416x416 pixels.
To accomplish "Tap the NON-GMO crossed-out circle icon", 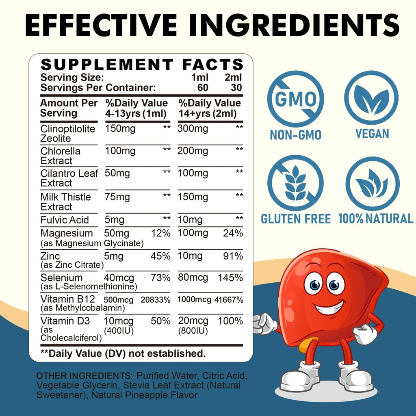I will click(x=295, y=99).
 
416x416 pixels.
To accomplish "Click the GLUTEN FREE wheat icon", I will click(x=295, y=183).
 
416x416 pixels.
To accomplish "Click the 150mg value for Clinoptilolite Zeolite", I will click(x=120, y=129).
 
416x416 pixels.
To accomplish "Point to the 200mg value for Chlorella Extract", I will click(x=193, y=152).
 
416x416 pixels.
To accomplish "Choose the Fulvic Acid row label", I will click(x=65, y=220).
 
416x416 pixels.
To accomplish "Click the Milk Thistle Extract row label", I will click(x=65, y=202).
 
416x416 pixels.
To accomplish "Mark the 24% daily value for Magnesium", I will click(x=233, y=233).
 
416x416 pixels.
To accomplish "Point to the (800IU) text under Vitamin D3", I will click(x=193, y=331).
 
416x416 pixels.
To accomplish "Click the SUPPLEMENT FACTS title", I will click(x=142, y=65).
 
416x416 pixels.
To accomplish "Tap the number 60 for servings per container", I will click(x=203, y=87).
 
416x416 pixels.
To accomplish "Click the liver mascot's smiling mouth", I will click(x=329, y=308).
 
